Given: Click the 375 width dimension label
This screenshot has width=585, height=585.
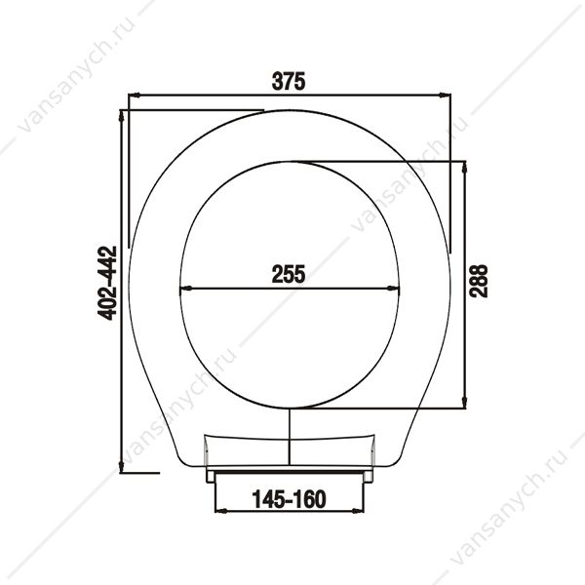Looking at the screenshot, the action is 289,81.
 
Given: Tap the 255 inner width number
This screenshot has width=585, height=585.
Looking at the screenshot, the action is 289,274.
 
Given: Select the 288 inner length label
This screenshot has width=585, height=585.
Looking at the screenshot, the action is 479,281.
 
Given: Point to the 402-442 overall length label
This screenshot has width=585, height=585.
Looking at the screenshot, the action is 107,283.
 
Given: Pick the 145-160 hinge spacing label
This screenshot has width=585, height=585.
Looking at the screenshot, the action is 290,499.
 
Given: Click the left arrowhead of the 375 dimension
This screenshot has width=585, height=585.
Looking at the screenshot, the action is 134,96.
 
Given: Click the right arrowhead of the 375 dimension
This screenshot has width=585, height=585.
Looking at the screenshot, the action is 446,96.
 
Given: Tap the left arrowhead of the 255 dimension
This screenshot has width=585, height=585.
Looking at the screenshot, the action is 185,288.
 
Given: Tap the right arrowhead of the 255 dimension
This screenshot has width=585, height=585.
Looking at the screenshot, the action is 393,288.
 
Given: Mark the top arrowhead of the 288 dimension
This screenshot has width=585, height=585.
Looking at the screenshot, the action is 464,167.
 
